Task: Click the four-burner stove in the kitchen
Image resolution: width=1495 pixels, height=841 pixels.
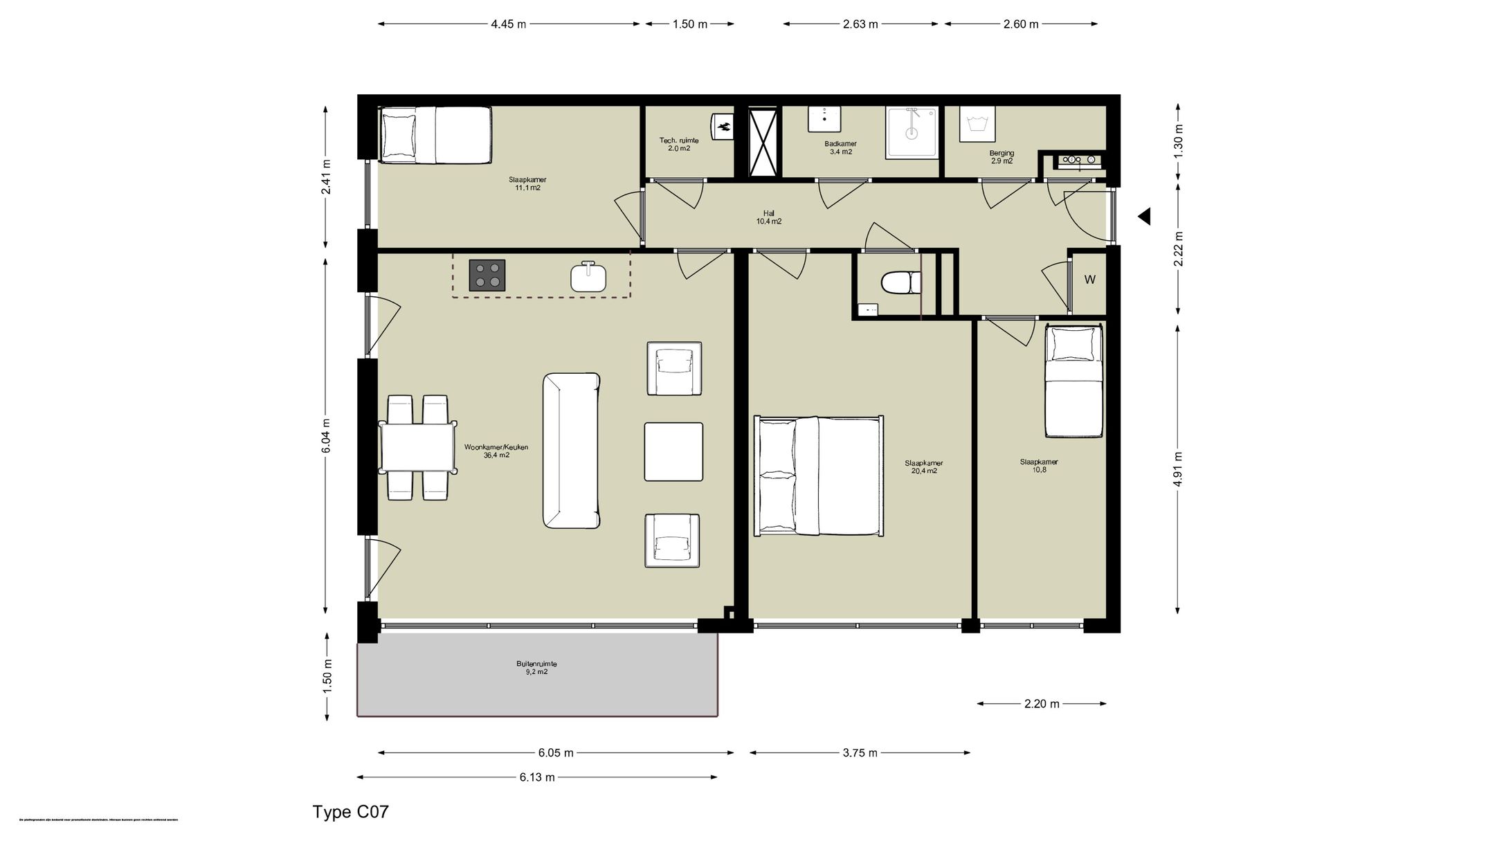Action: [x=487, y=275]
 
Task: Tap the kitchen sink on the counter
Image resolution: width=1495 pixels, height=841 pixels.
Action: [x=588, y=278]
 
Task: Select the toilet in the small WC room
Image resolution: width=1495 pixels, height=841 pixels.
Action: [x=900, y=282]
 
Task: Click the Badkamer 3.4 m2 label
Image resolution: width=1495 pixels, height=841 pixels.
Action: [x=840, y=148]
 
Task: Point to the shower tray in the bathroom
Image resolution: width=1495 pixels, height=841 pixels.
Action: [x=912, y=132]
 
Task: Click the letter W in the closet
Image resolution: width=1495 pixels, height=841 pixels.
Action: [x=1089, y=280]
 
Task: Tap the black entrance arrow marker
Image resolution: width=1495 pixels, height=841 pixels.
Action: [x=1144, y=217]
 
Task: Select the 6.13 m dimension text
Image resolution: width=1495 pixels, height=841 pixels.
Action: [x=537, y=777]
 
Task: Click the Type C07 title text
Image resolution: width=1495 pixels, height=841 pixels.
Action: [x=350, y=811]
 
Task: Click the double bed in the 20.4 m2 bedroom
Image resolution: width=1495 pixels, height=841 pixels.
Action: [x=819, y=476]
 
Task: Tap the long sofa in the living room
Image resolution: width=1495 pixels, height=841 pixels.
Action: [x=571, y=451]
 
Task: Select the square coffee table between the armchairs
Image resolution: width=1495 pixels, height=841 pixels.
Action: [x=673, y=451]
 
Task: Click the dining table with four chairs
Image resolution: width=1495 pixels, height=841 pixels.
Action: [x=417, y=448]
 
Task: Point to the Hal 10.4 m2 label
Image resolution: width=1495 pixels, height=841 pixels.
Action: [x=768, y=217]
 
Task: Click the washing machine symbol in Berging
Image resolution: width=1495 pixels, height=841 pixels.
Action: [x=977, y=125]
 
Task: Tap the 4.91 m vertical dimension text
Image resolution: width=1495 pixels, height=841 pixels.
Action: [x=1177, y=469]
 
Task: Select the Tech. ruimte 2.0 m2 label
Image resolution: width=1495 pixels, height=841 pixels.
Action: [x=678, y=144]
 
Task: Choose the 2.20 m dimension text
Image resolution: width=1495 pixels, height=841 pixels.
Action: [x=1042, y=704]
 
